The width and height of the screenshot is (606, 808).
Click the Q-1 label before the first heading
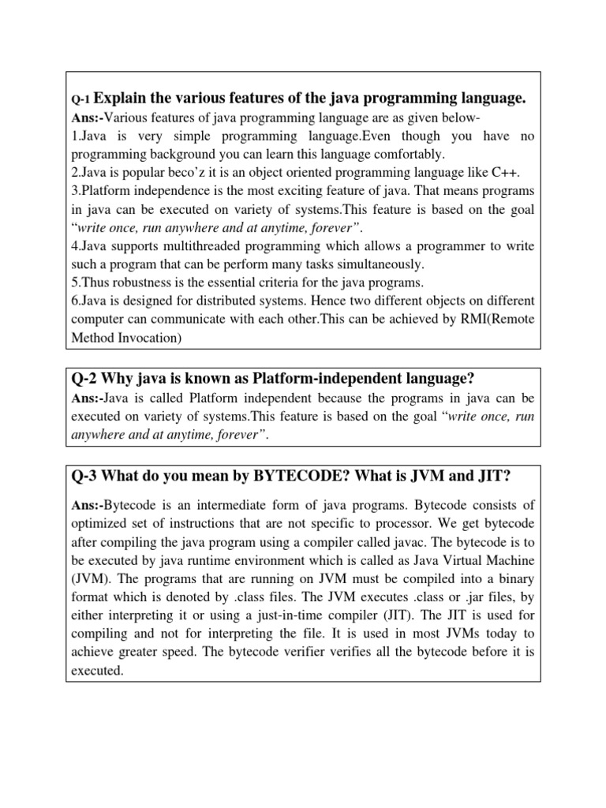81,100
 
